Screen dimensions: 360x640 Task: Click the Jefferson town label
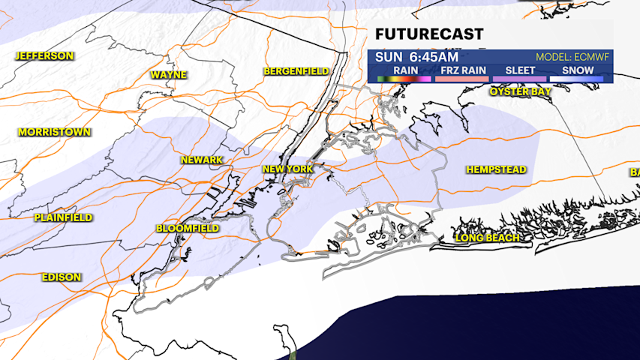click(44, 56)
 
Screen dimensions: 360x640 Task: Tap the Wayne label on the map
click(168, 75)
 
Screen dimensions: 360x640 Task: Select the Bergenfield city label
click(296, 71)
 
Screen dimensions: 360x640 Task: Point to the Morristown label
click(54, 132)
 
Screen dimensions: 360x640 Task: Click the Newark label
click(202, 160)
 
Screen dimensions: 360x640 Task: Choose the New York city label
click(287, 169)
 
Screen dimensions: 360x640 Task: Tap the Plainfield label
click(63, 217)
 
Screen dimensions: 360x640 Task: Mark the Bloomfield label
click(188, 228)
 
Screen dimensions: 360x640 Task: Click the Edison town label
click(62, 277)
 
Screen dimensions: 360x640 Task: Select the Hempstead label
click(496, 170)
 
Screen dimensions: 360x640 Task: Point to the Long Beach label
click(488, 238)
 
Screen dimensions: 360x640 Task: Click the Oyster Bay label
click(520, 91)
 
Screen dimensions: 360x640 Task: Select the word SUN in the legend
click(389, 57)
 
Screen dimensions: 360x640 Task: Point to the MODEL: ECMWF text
click(574, 58)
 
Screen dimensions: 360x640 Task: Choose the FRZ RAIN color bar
click(460, 78)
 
